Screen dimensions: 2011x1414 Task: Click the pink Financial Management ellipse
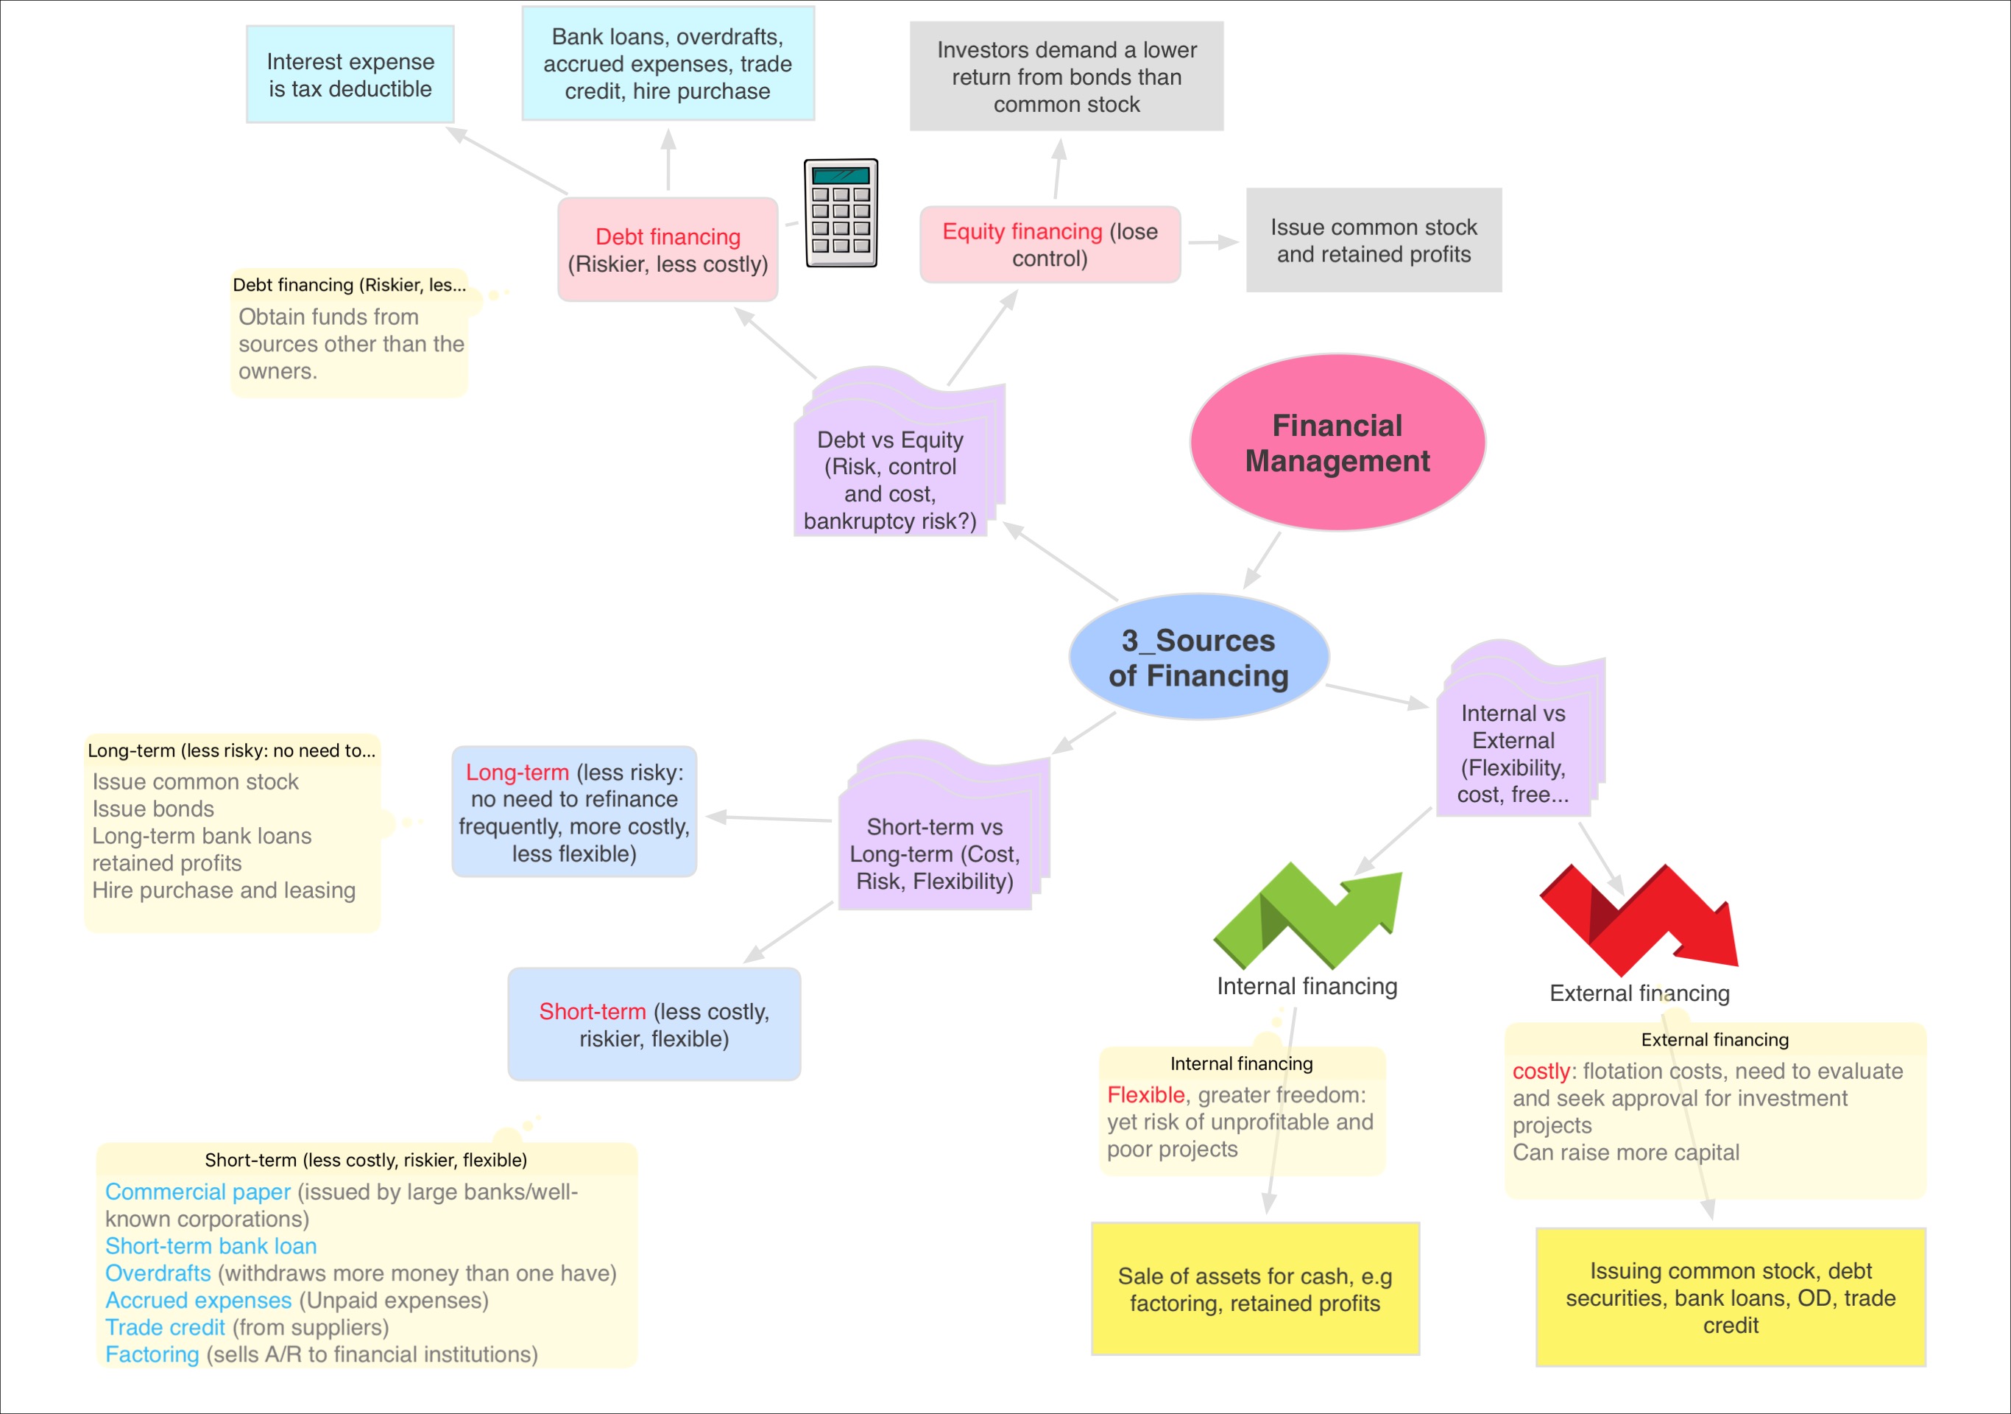[1337, 443]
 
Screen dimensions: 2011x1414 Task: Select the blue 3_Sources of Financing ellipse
[1199, 657]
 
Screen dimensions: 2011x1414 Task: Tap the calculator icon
[841, 213]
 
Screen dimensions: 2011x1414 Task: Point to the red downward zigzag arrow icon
[1639, 920]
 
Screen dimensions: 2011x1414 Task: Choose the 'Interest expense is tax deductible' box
[350, 74]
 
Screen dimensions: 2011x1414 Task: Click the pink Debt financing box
[668, 250]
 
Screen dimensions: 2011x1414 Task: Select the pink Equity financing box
[1050, 245]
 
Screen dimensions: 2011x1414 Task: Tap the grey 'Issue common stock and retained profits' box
[1374, 240]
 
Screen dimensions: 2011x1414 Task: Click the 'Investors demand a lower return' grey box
[1067, 76]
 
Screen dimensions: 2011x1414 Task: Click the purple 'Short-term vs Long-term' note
[944, 826]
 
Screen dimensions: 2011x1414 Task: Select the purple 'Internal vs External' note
[1521, 729]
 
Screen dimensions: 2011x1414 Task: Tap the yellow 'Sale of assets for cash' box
[1255, 1289]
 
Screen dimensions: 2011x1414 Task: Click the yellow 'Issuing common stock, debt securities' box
[1731, 1298]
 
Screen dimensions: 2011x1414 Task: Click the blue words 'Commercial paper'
[198, 1192]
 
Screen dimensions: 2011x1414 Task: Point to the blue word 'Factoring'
[152, 1355]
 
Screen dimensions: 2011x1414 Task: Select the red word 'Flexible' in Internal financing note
[1145, 1095]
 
